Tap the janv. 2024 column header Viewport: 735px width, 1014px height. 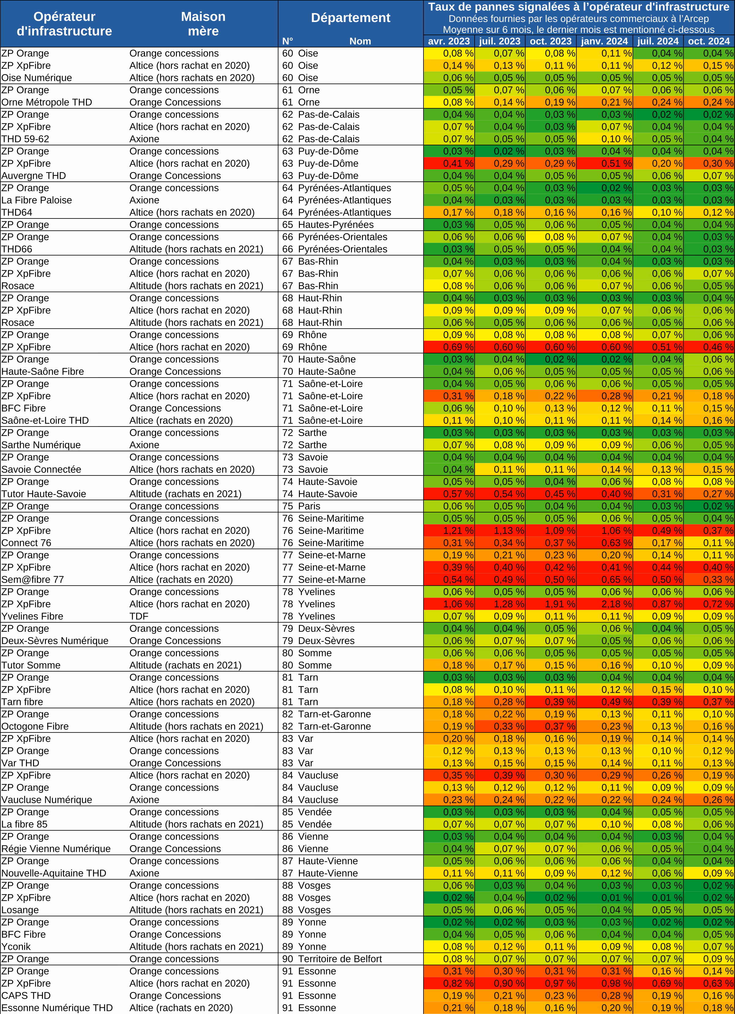click(x=604, y=41)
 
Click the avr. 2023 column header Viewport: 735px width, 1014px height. click(x=449, y=41)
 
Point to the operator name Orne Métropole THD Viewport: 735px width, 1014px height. click(x=47, y=103)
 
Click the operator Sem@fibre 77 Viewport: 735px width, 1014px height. click(x=33, y=580)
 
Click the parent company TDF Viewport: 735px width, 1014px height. click(x=139, y=616)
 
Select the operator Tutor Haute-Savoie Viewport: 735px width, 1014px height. click(x=44, y=494)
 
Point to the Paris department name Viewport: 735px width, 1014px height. click(x=309, y=506)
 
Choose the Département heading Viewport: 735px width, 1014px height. click(x=350, y=18)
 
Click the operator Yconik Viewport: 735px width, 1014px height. click(x=16, y=946)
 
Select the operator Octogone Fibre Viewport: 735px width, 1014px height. click(x=35, y=726)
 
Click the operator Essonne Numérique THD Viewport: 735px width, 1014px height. click(x=57, y=1008)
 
